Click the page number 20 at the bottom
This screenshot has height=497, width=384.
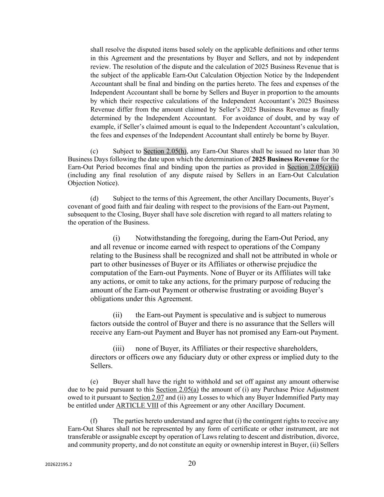(x=192, y=463)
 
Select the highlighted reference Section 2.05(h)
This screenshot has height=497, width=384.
(x=165, y=151)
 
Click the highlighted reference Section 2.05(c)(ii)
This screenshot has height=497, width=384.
(x=313, y=167)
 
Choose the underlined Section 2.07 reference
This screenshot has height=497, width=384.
(x=147, y=398)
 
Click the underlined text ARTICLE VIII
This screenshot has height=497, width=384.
(x=137, y=406)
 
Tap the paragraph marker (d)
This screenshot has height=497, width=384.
(x=94, y=198)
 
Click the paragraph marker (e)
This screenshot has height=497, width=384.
(x=94, y=382)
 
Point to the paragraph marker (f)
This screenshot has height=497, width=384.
(x=94, y=421)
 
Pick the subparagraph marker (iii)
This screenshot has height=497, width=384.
(x=118, y=348)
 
